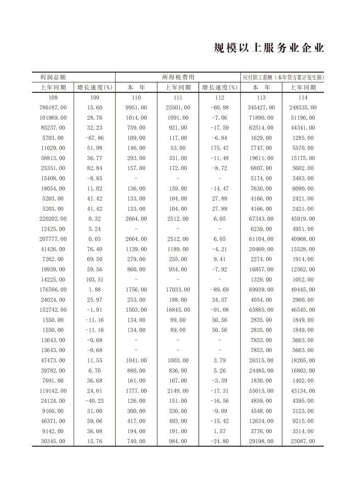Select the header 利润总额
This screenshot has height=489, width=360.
click(53, 77)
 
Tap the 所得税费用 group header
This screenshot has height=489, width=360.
click(178, 77)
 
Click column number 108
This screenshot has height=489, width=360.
click(53, 98)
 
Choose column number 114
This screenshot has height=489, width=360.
click(303, 98)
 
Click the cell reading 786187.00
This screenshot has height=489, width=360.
click(53, 108)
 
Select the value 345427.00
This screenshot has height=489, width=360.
click(261, 108)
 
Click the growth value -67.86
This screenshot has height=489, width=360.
click(94, 138)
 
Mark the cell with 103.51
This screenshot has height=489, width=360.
click(94, 280)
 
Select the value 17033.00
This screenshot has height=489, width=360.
click(178, 290)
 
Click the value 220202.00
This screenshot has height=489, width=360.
click(53, 219)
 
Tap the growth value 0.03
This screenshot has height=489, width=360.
click(94, 239)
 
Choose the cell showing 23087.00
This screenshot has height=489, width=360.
click(303, 441)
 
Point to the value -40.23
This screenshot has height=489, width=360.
click(94, 401)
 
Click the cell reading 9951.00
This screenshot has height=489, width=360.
click(137, 108)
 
